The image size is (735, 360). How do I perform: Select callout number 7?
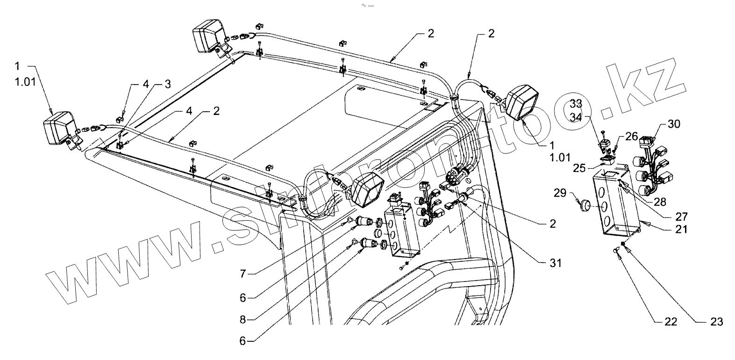pyautogui.click(x=243, y=274)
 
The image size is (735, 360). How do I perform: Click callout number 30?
pyautogui.click(x=674, y=124)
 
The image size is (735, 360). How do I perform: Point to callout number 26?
pyautogui.click(x=632, y=137)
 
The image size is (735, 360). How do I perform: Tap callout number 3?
pyautogui.click(x=166, y=84)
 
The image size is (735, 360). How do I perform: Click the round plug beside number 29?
pyautogui.click(x=584, y=205)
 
